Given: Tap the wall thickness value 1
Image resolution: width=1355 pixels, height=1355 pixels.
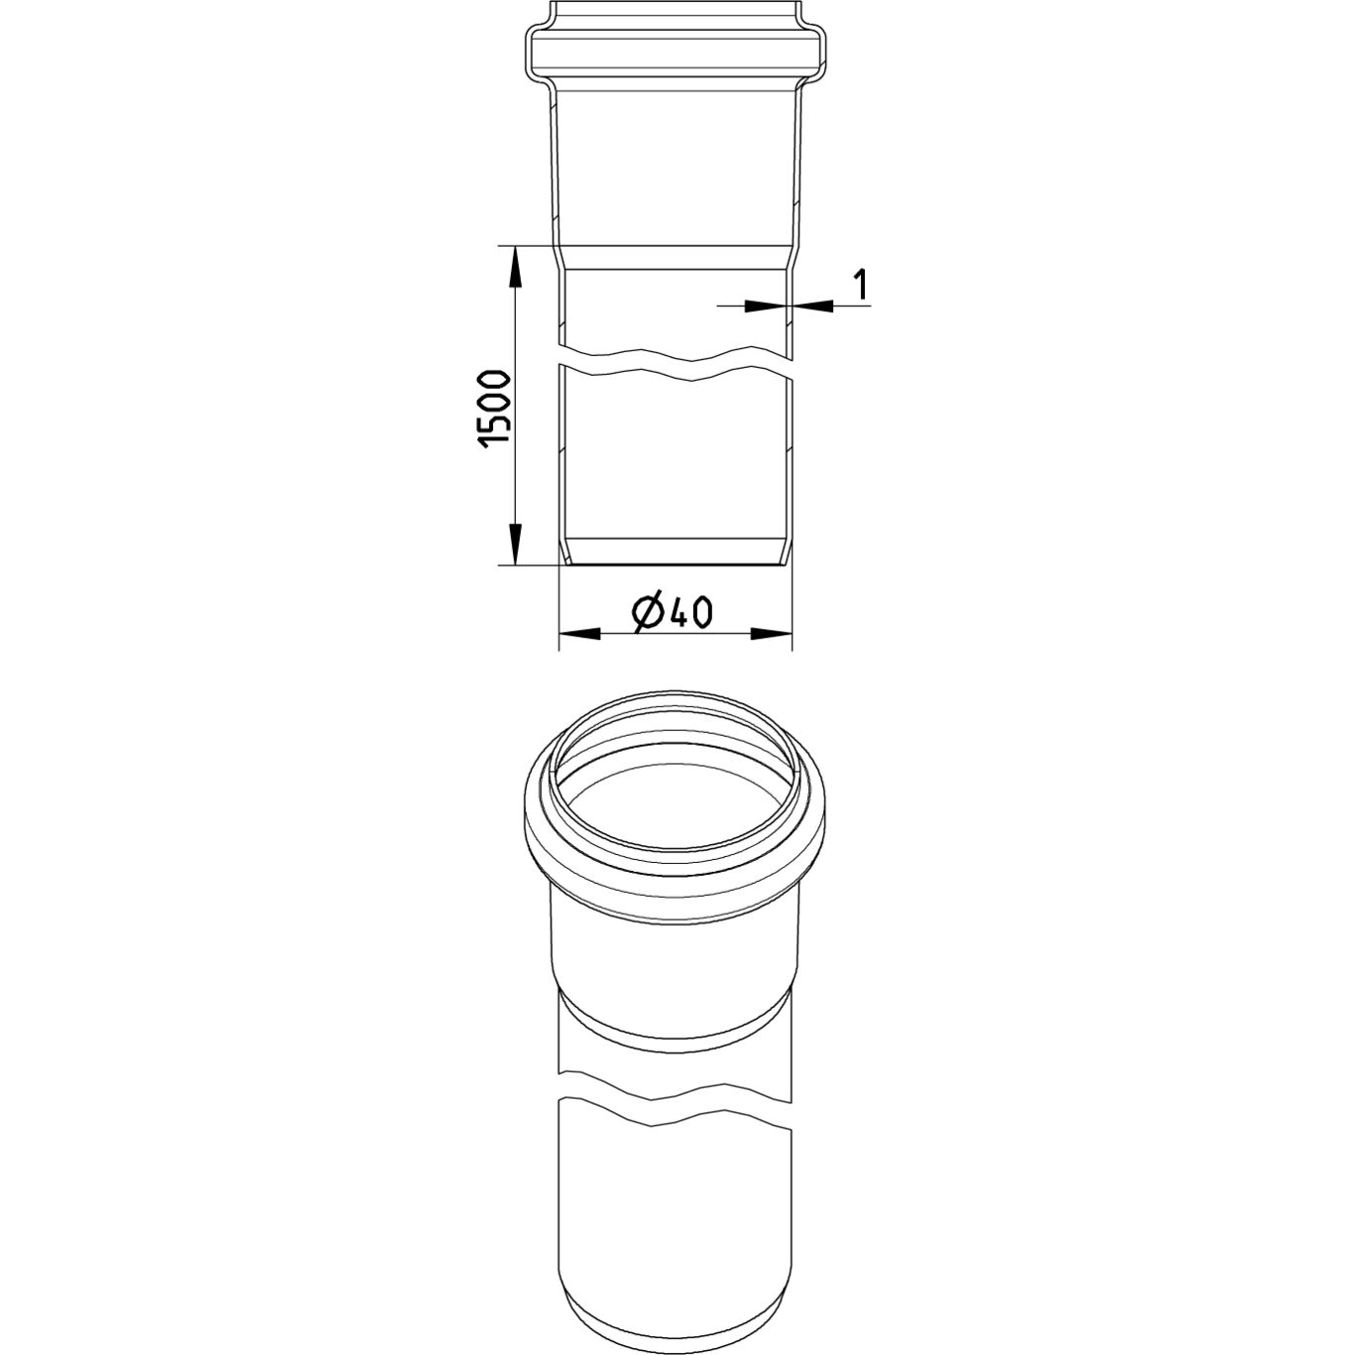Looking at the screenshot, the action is tap(859, 284).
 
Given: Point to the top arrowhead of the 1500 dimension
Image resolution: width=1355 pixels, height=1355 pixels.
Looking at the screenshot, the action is tap(516, 266).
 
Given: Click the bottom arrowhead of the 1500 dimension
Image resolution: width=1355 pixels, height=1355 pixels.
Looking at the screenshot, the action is tap(516, 544).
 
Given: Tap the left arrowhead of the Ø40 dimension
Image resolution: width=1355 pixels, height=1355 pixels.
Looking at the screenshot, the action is tap(580, 634).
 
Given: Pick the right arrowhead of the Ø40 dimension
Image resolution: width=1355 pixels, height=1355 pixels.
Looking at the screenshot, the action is tap(772, 634).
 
